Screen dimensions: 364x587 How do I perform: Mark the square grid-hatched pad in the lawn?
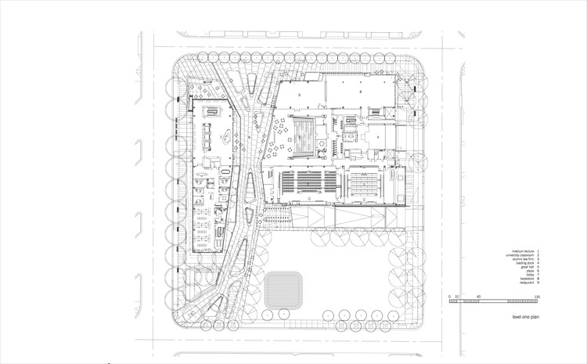(285, 291)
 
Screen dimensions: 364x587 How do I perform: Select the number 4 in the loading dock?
(377, 135)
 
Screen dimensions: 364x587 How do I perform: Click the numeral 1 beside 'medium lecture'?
(538, 247)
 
